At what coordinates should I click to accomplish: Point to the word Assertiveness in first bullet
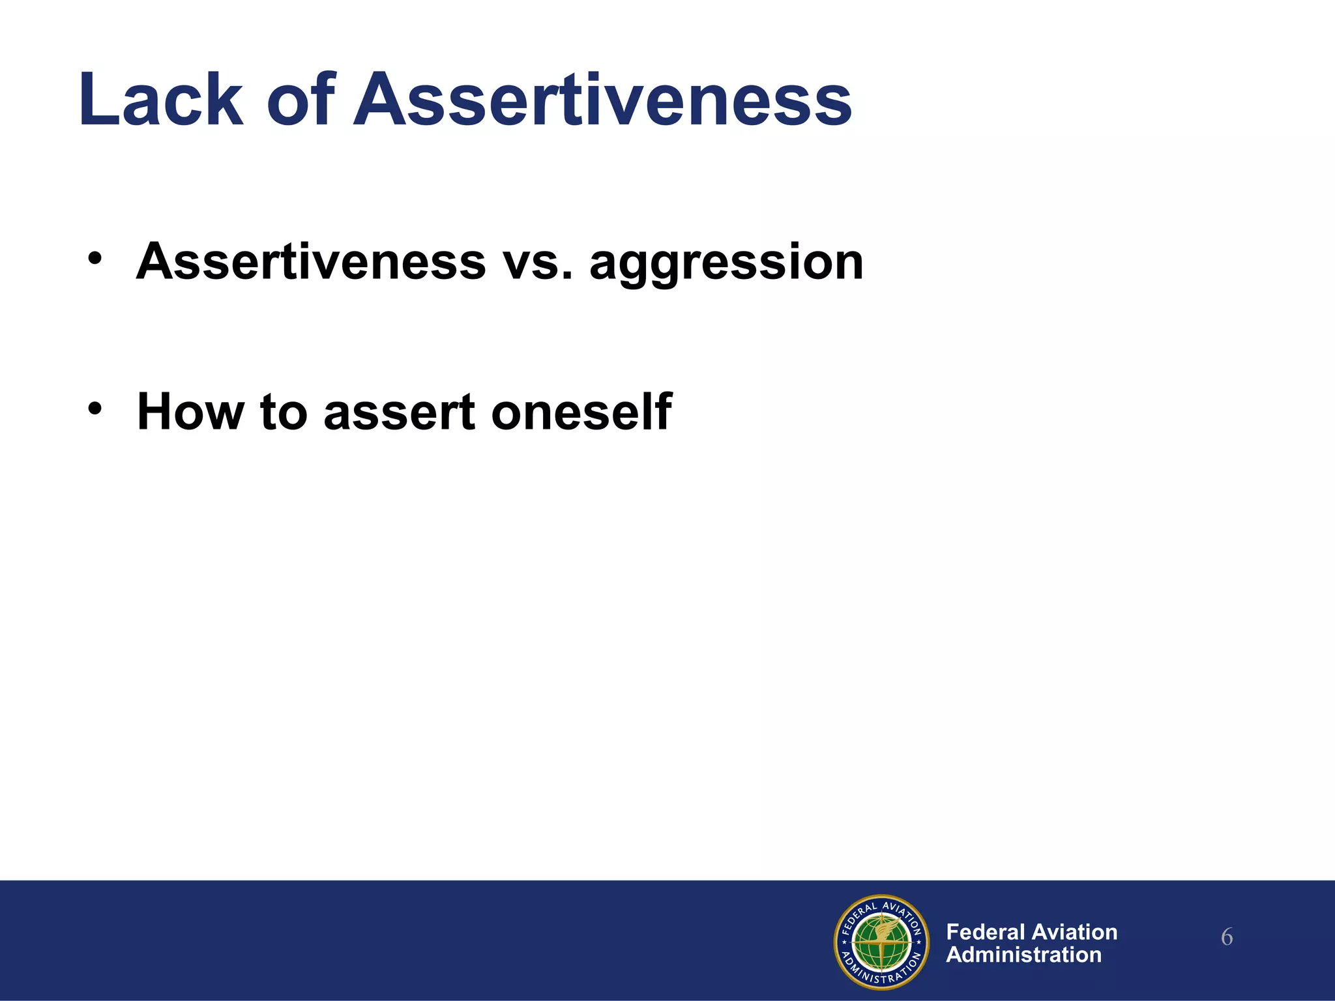pyautogui.click(x=311, y=262)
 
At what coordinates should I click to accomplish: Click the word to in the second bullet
pyautogui.click(x=284, y=413)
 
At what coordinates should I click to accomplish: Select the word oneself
pyautogui.click(x=581, y=412)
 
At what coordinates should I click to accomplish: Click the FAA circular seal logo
pyautogui.click(x=881, y=942)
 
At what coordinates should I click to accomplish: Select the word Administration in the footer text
pyautogui.click(x=1023, y=955)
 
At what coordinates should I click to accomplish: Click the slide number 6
pyautogui.click(x=1226, y=938)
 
